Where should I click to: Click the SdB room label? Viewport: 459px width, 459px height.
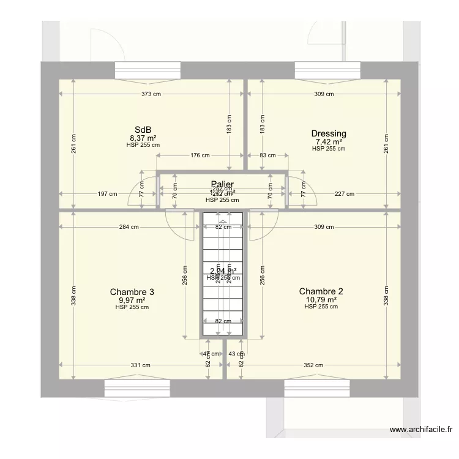[143, 130]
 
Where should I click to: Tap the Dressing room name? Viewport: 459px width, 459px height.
[329, 133]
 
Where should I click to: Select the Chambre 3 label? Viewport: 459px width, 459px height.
[132, 292]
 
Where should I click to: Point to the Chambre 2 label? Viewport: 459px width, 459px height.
[321, 291]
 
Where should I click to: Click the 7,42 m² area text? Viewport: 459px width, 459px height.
[329, 141]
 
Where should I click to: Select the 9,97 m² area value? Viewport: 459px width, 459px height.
[132, 300]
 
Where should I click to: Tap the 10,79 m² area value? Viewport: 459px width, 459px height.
[321, 299]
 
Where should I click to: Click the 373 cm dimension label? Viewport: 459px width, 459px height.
[151, 94]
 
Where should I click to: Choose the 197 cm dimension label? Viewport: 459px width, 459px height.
[107, 194]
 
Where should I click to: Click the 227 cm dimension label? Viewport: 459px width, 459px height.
[345, 194]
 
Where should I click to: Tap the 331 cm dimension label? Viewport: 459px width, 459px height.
[141, 365]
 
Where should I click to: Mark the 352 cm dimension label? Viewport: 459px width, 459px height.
[314, 365]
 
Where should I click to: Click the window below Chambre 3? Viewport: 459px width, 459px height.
[137, 388]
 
